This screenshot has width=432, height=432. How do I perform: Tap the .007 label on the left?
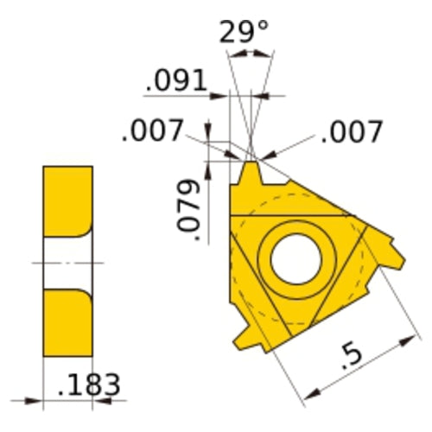(x=152, y=132)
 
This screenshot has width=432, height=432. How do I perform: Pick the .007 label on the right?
(x=351, y=132)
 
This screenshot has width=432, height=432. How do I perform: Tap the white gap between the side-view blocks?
(x=67, y=261)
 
